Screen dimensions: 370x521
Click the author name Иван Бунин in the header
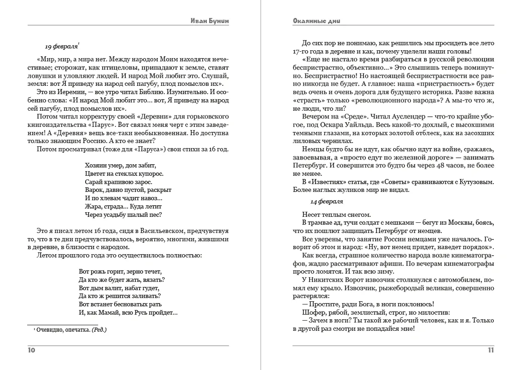coord(210,21)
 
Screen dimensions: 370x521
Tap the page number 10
coord(31,350)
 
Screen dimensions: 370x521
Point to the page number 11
coord(491,350)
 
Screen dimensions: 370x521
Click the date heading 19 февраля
coord(61,47)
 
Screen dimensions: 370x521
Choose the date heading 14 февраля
coord(327,202)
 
